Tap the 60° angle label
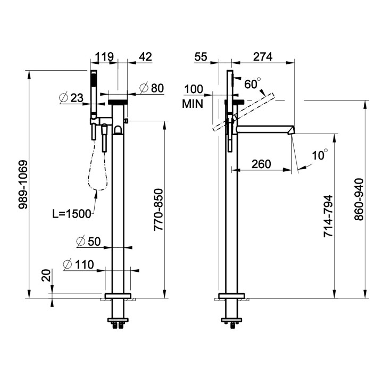click(x=253, y=84)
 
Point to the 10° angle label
click(x=319, y=155)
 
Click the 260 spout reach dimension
click(x=261, y=163)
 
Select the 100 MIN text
click(x=193, y=96)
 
